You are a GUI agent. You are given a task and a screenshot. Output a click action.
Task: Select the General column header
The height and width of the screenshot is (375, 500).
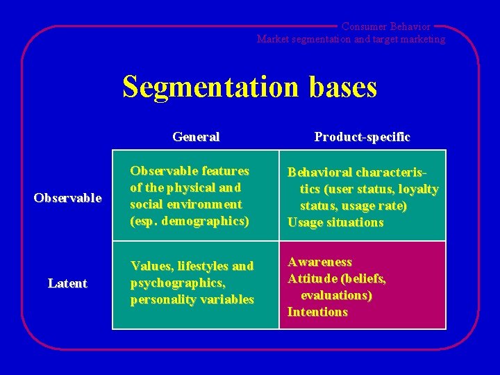[x=196, y=137]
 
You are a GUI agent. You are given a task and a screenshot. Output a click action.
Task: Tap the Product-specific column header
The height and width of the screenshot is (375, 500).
[x=362, y=137]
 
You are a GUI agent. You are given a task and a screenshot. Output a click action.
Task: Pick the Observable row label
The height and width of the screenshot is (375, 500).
[x=67, y=199]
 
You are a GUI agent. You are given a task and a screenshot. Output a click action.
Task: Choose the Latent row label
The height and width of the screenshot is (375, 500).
[x=67, y=283]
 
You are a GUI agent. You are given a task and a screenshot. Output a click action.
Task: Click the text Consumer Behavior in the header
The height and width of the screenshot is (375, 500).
[x=385, y=26]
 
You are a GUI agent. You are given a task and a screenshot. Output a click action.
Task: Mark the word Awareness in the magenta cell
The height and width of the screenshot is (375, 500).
[x=319, y=262]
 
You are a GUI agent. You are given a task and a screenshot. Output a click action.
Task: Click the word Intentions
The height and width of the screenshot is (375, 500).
[x=317, y=312]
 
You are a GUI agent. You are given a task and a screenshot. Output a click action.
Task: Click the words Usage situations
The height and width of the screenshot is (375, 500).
[x=335, y=222]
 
